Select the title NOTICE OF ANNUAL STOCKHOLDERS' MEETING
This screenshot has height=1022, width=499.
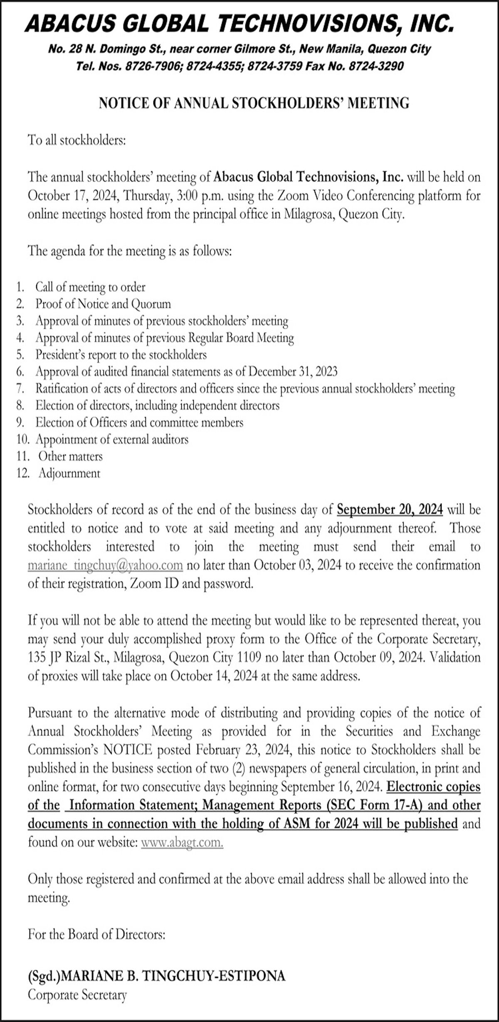click(x=254, y=103)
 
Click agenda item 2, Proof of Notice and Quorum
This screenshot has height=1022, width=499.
click(x=103, y=304)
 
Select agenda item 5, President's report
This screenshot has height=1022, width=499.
click(x=121, y=355)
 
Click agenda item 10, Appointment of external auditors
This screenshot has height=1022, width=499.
click(x=111, y=440)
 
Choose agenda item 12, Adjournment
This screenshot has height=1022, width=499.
click(x=69, y=474)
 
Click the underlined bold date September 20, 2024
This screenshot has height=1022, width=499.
click(x=390, y=510)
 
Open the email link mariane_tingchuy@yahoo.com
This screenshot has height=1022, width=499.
click(x=105, y=566)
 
